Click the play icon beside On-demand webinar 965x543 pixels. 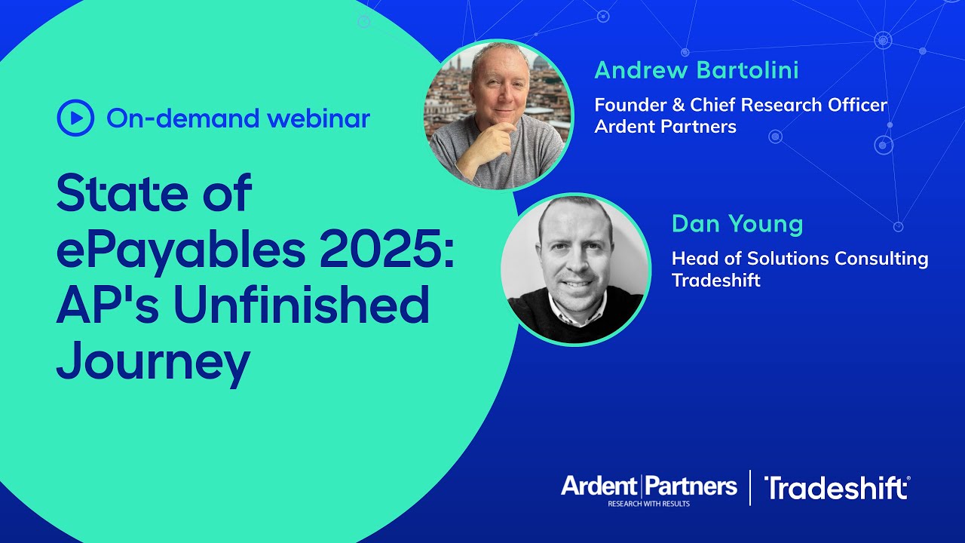pos(75,118)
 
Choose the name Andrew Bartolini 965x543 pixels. pos(696,71)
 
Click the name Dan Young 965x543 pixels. pos(737,224)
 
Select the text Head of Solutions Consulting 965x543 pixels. pos(799,259)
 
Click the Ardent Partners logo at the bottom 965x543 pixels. pos(648,486)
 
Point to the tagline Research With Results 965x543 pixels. pos(649,503)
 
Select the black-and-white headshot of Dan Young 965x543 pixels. pos(575,269)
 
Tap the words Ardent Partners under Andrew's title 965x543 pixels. pos(665,127)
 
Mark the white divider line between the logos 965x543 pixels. pos(750,487)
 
